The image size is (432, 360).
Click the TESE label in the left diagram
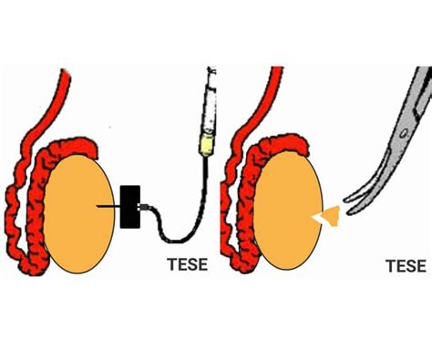coord(187,265)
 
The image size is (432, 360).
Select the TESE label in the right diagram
coord(406,265)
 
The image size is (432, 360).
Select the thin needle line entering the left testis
coord(108,208)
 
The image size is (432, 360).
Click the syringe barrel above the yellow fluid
coord(210,105)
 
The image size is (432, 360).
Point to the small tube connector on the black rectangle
coord(143,211)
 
